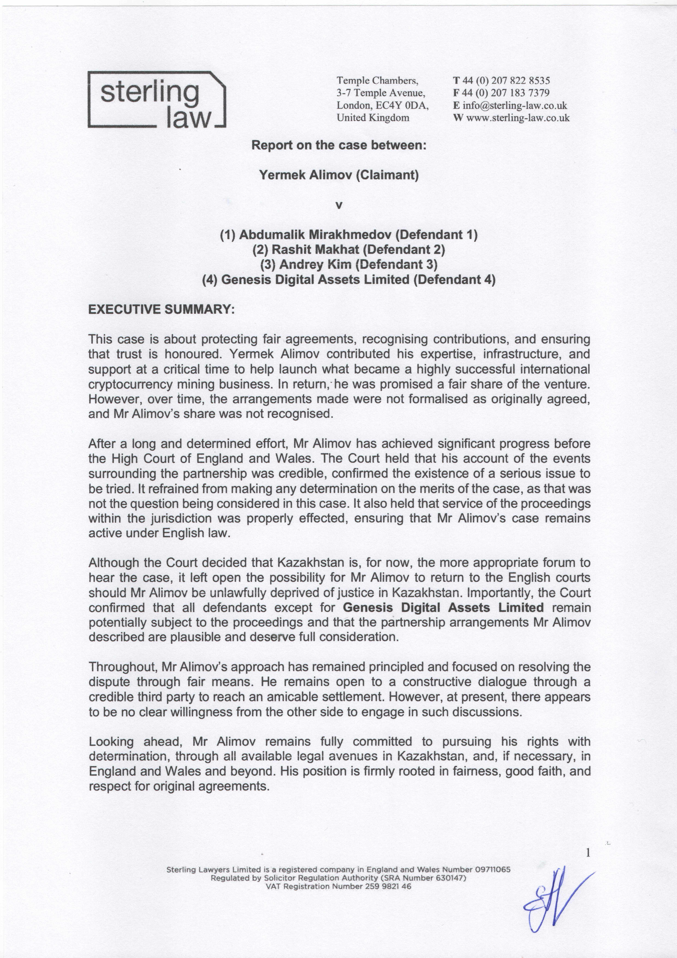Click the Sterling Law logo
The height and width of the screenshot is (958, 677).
pyautogui.click(x=156, y=99)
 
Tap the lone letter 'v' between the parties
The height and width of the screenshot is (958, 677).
pyautogui.click(x=339, y=205)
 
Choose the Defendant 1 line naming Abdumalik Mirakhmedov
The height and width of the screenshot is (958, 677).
pyautogui.click(x=349, y=234)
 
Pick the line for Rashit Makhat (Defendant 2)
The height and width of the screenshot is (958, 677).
pyautogui.click(x=349, y=249)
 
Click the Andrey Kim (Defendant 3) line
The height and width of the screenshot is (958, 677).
pyautogui.click(x=349, y=264)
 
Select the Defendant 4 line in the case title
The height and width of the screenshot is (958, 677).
pyautogui.click(x=349, y=279)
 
